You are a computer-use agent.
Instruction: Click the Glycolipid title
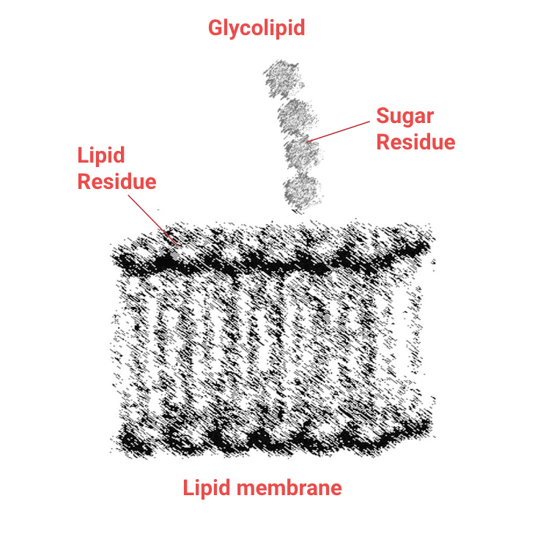[256, 29]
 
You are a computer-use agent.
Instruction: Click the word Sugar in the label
[405, 116]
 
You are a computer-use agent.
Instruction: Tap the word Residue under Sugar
[415, 141]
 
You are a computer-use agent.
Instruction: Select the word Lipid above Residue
[101, 155]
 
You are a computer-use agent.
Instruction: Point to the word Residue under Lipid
[117, 181]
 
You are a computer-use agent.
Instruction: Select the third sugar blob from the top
[302, 154]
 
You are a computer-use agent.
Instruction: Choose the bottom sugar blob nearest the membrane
[302, 190]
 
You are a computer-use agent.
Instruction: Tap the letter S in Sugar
[383, 116]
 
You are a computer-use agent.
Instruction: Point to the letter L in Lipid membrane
[188, 488]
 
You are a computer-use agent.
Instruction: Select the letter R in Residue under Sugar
[383, 141]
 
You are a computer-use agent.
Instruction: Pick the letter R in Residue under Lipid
[84, 181]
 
